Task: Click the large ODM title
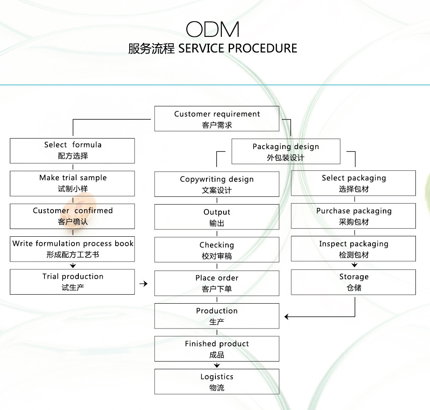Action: click(x=212, y=29)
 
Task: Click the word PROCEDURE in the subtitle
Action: click(x=263, y=48)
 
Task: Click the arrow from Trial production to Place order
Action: click(x=143, y=283)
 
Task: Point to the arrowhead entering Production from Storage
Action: click(x=287, y=317)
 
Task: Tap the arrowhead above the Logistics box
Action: click(x=217, y=365)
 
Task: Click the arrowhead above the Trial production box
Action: click(x=73, y=266)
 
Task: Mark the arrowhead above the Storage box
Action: click(x=355, y=265)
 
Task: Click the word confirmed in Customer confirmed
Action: click(x=93, y=211)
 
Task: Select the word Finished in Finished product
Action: click(x=200, y=344)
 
